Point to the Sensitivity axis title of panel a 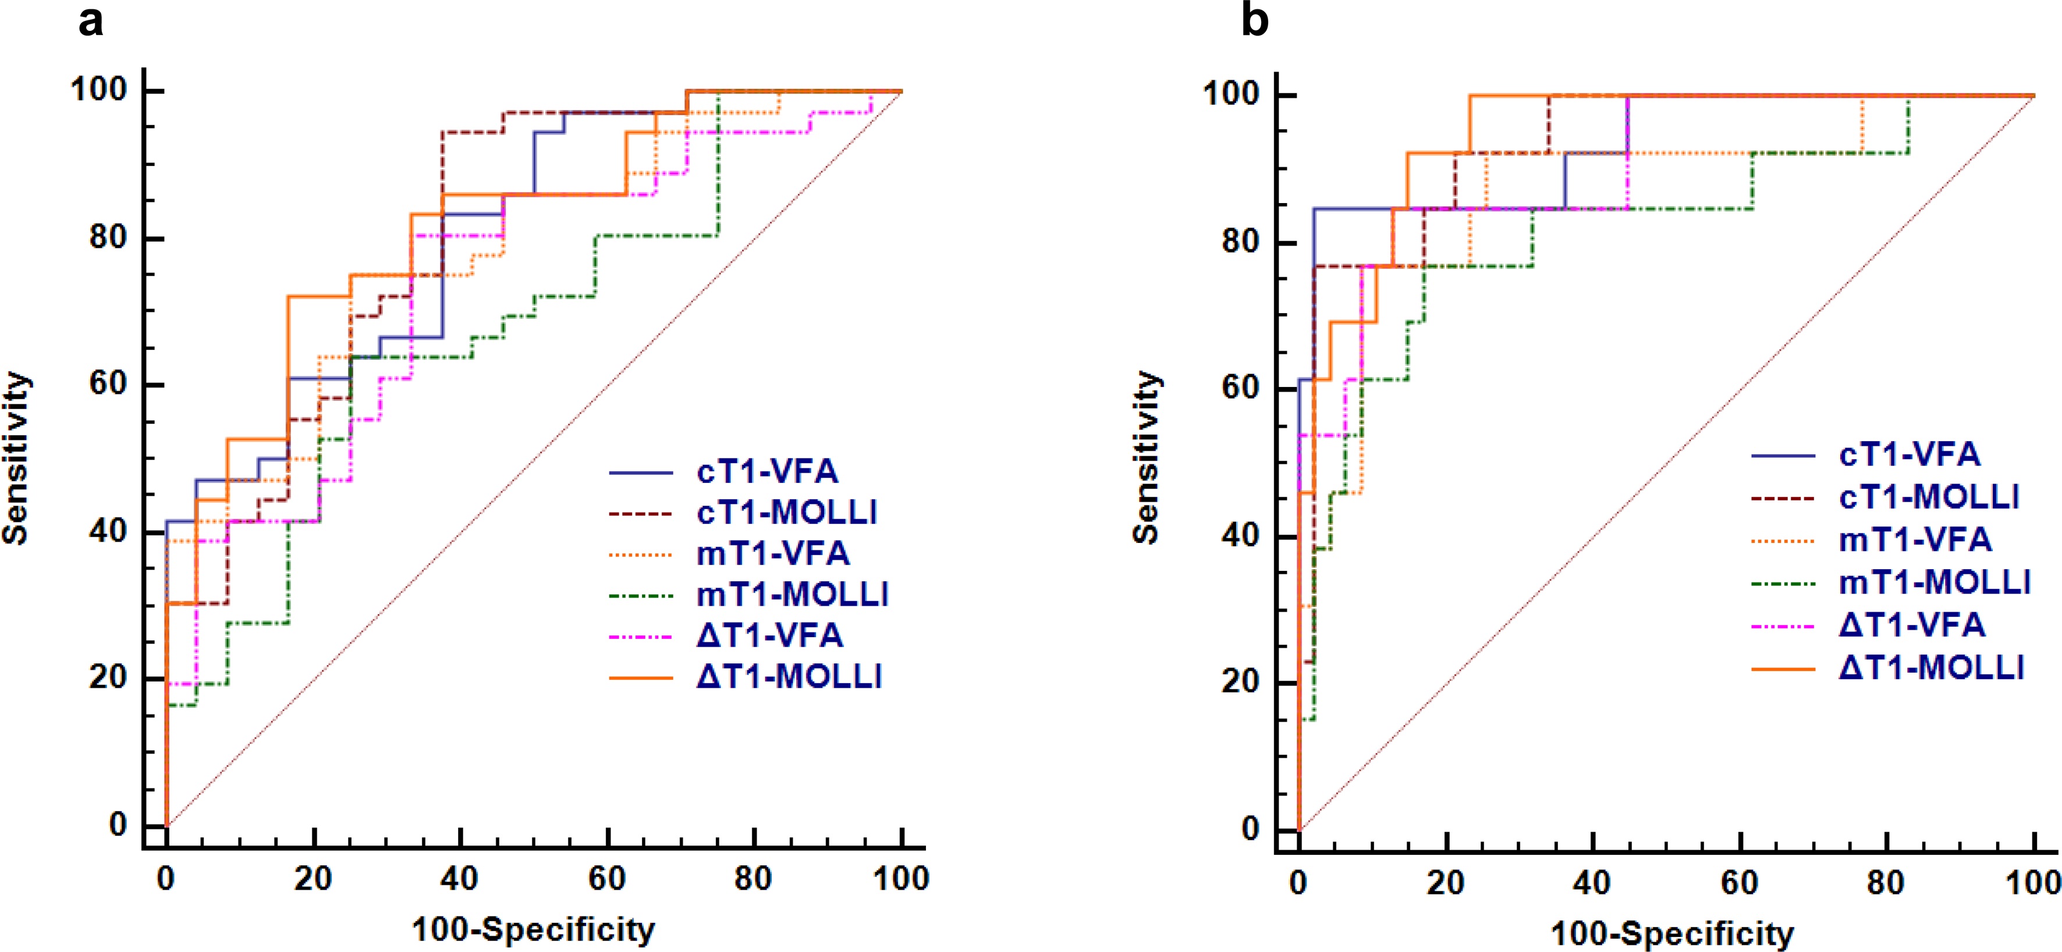16,459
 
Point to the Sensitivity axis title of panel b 1147,459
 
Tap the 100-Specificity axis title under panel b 1673,933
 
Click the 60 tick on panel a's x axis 607,879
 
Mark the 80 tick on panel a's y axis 109,238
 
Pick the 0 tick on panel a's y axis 119,824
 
